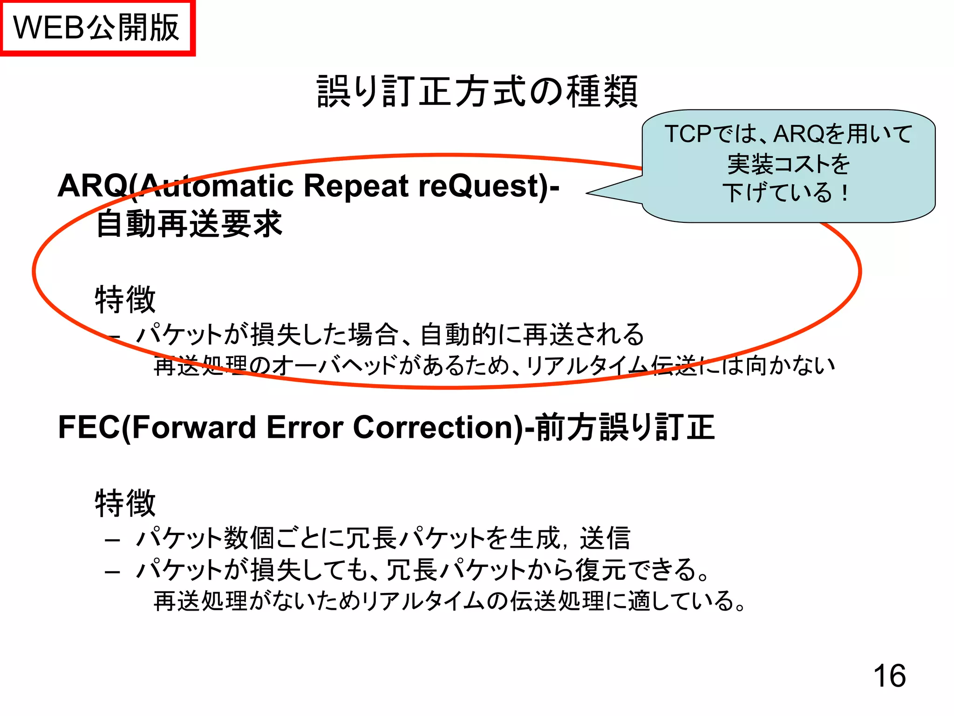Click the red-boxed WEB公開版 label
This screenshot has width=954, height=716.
tap(97, 28)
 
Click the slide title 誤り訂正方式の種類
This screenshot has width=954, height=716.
tap(477, 91)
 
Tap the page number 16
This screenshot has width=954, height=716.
tap(889, 675)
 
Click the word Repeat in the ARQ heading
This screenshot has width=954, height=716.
tap(356, 186)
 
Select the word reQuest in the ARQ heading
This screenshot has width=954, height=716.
tap(484, 186)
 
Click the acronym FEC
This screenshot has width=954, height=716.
tap(89, 427)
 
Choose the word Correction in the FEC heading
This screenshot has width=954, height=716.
tap(438, 427)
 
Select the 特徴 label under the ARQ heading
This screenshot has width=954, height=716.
tap(125, 299)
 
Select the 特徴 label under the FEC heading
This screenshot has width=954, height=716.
tap(125, 503)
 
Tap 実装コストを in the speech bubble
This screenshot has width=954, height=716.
tap(789, 164)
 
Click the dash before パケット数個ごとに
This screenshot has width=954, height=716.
tap(113, 540)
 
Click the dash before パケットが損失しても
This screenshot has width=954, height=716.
tap(113, 571)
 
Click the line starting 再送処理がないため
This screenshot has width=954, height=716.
tap(450, 601)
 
